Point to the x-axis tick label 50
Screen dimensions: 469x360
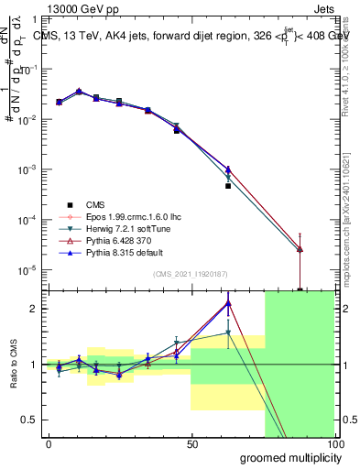coord(191,443)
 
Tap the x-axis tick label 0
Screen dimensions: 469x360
coord(49,443)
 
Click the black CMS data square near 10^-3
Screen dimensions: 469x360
coord(228,186)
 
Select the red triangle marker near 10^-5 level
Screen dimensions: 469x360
coord(300,249)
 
